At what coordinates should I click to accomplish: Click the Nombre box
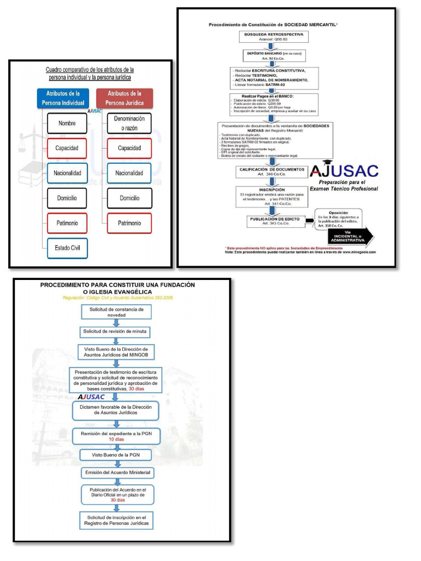pos(67,123)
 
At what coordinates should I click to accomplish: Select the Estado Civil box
pos(67,248)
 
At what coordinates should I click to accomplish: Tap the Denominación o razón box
pos(129,123)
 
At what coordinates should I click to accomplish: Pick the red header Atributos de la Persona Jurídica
pos(124,99)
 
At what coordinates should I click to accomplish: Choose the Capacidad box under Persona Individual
pos(67,148)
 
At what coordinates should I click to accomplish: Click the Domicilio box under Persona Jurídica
pos(129,198)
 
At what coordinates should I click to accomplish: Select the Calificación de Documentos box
pos(272,171)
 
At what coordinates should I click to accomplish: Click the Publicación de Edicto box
pos(272,221)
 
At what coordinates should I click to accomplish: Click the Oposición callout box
pos(338,218)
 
